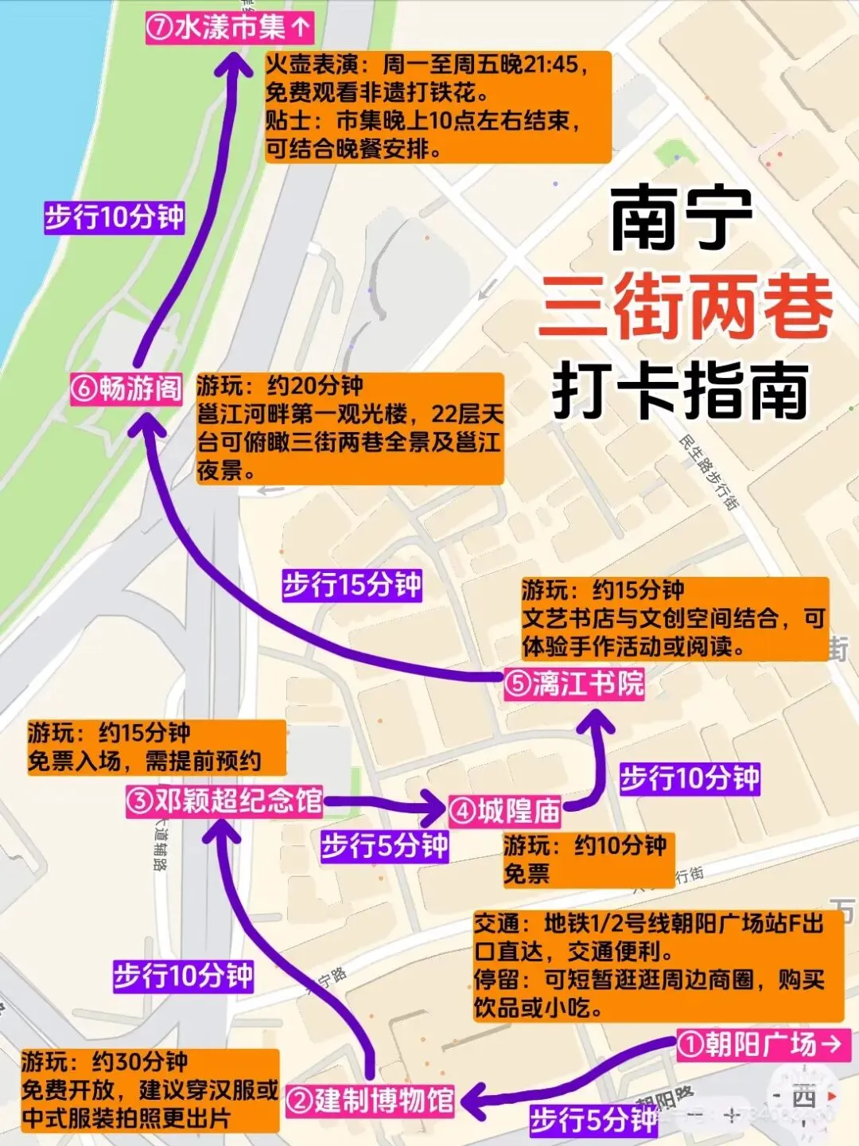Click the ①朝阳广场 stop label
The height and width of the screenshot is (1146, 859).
(x=762, y=1044)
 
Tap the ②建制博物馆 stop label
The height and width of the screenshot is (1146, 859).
(x=371, y=1101)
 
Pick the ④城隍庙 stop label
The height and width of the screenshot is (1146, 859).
(x=505, y=811)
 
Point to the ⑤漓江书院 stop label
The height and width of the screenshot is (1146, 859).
(x=573, y=684)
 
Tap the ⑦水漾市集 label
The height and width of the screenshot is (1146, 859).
(x=229, y=28)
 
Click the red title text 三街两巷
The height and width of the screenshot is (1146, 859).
(x=684, y=308)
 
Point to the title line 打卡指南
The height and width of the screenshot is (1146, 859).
(x=681, y=390)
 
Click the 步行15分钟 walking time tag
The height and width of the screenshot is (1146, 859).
(x=352, y=586)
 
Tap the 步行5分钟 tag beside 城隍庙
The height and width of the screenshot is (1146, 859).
(x=385, y=845)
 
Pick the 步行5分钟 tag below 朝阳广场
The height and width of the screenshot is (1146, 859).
(x=593, y=1120)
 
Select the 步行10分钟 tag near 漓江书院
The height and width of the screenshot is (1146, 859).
(x=690, y=778)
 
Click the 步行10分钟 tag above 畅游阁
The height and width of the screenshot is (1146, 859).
(x=115, y=216)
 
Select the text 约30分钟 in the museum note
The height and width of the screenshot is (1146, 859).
(x=140, y=1062)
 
